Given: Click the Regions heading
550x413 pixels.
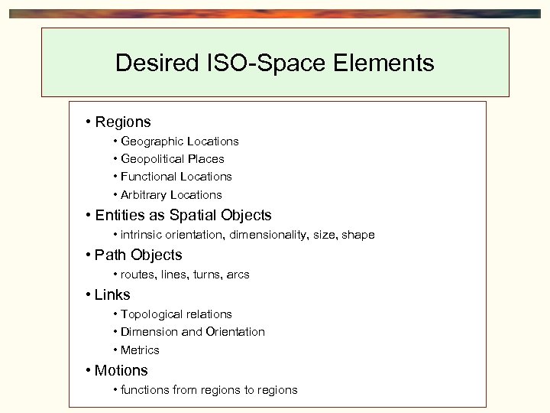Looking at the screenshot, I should [x=123, y=122].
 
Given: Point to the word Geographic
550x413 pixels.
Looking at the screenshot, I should [x=151, y=141].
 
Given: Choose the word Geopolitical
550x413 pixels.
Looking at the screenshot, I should [x=153, y=159].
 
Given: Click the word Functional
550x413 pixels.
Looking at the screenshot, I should [x=149, y=177].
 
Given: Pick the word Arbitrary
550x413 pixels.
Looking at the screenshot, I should [x=144, y=195].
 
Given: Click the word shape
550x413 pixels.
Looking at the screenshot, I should [x=358, y=235].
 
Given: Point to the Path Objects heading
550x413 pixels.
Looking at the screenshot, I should [x=138, y=255].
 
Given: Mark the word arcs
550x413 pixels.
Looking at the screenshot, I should [x=238, y=275].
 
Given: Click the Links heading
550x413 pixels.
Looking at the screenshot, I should [x=112, y=294].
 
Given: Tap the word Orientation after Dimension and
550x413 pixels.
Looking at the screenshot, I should [x=235, y=332].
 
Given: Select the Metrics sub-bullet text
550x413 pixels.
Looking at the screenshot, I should [x=140, y=350].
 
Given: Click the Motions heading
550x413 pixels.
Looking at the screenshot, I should [x=121, y=370].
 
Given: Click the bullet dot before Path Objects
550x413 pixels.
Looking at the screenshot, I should [x=89, y=255].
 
